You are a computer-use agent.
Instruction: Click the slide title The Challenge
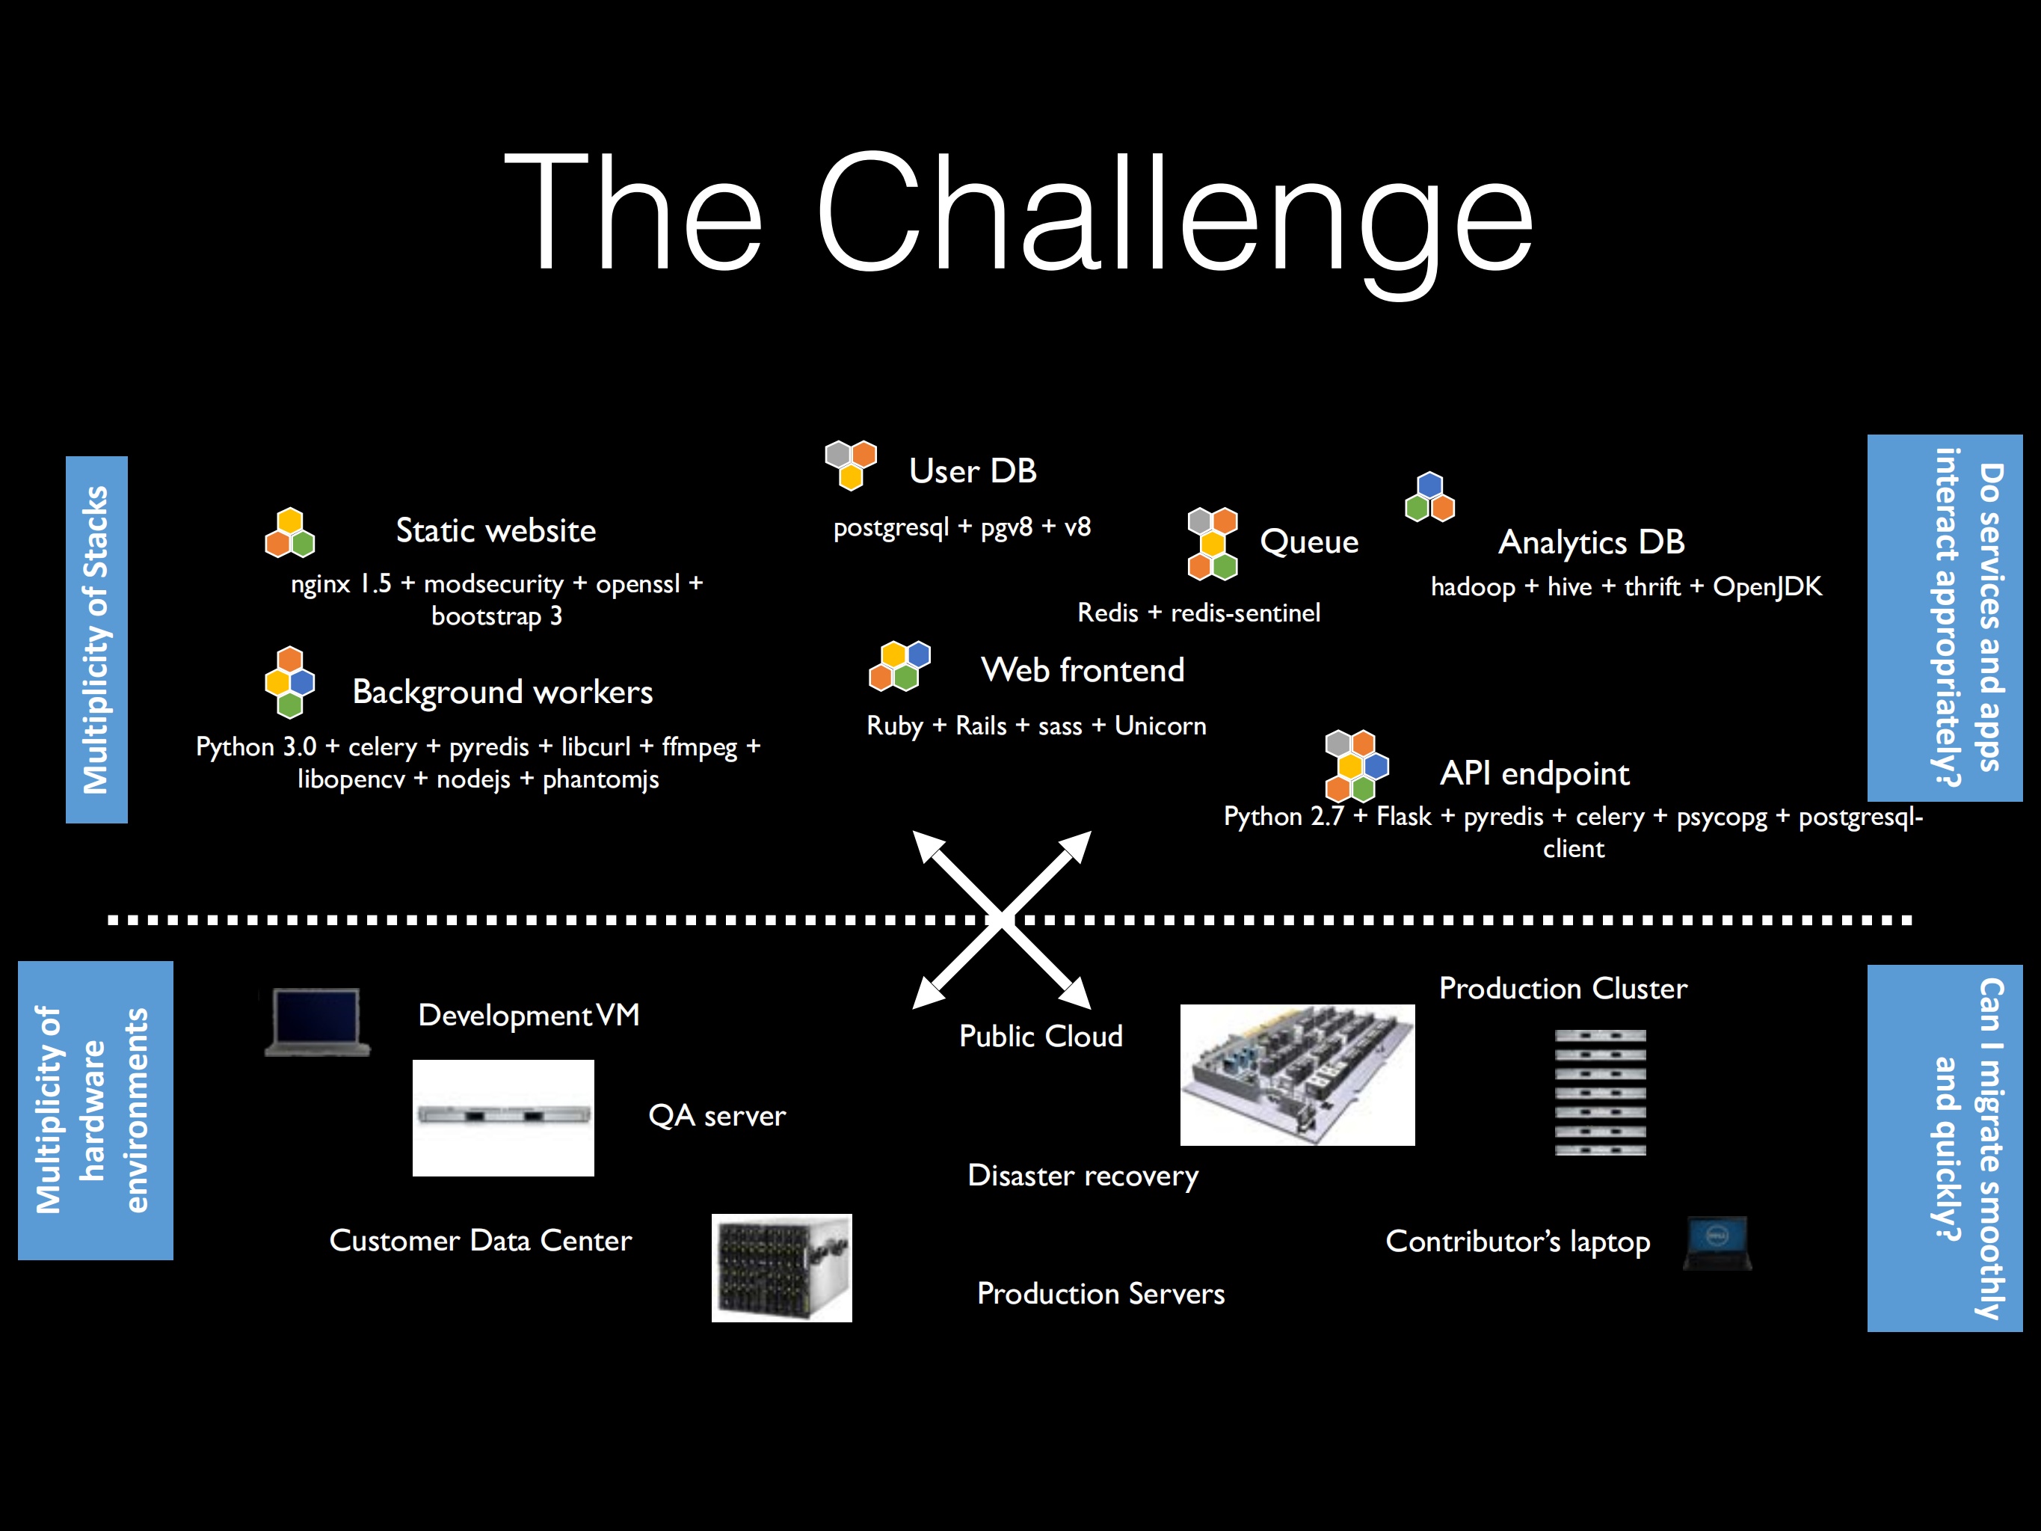1019,214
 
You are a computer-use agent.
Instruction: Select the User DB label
973,470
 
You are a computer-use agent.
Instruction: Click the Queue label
1308,541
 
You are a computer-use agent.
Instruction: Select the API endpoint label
1534,773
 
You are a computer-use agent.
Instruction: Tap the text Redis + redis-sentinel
1198,613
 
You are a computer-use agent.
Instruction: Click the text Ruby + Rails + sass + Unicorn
1035,726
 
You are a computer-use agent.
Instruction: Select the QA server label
716,1116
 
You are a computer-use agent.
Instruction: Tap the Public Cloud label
1040,1037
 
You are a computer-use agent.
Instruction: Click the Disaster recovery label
1083,1176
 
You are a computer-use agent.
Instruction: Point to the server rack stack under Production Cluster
1599,1092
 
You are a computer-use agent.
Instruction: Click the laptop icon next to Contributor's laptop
1717,1242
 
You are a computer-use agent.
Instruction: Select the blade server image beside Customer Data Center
781,1267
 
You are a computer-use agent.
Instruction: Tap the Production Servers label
1100,1294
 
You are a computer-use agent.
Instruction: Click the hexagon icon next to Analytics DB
1429,497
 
